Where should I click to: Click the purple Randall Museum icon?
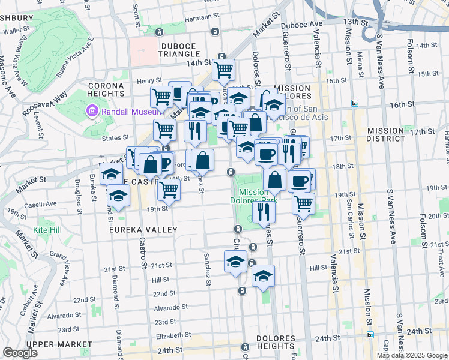92,110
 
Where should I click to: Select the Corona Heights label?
106,89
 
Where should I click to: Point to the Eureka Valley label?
143,230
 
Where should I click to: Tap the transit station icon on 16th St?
355,103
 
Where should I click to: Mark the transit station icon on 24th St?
370,335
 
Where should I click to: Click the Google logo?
20,353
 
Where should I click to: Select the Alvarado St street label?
167,308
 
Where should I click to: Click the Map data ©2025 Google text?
411,355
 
